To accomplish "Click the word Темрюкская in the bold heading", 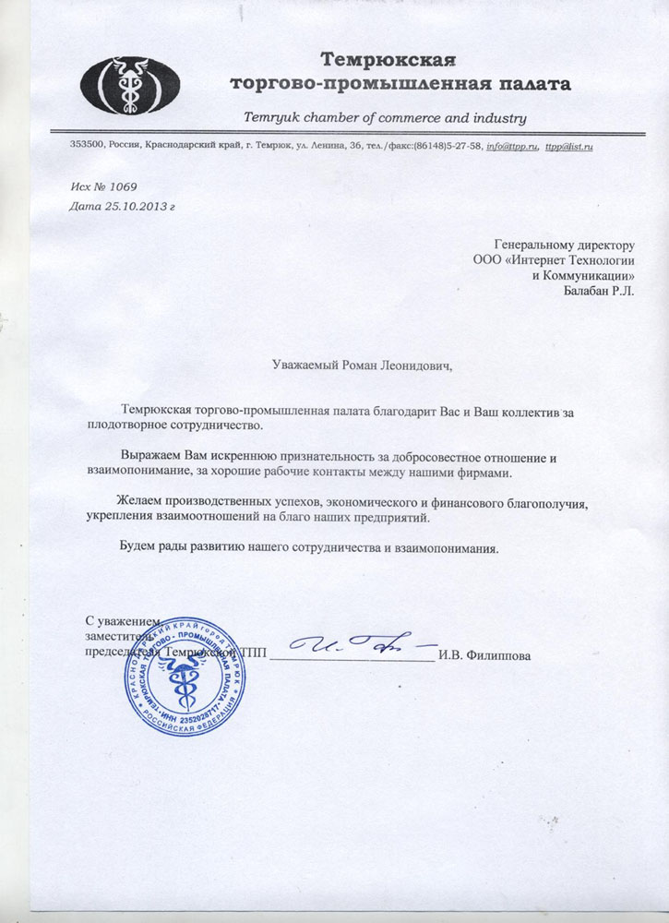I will (x=388, y=61).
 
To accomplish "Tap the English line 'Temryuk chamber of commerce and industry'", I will (x=384, y=118).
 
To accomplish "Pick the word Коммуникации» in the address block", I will (x=592, y=275).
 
